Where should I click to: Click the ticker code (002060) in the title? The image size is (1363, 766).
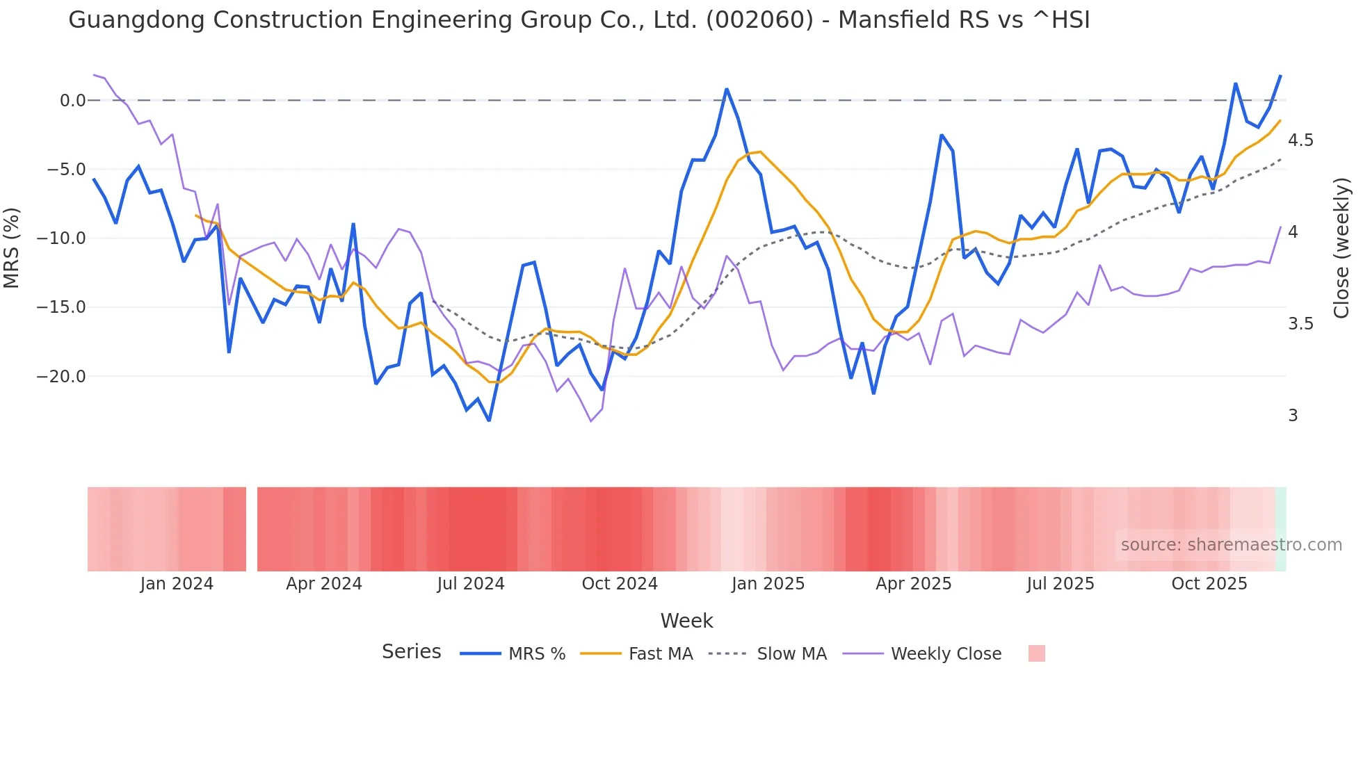click(759, 20)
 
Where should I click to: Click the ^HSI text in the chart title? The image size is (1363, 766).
click(1061, 20)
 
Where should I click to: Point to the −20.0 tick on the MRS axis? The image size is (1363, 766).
click(61, 377)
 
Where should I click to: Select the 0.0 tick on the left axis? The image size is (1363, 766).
click(72, 101)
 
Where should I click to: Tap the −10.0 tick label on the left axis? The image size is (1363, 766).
click(61, 238)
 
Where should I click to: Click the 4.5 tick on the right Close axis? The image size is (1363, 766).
click(1300, 140)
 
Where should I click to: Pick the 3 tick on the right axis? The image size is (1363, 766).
click(1293, 416)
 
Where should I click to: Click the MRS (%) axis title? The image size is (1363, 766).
click(12, 247)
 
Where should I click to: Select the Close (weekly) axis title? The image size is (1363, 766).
click(1341, 247)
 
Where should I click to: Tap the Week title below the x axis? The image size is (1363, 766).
click(686, 621)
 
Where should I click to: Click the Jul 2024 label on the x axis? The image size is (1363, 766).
click(471, 584)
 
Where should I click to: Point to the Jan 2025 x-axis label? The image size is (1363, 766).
click(768, 584)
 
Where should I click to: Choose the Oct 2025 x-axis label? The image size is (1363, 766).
click(1209, 584)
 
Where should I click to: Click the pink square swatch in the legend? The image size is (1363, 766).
click(1036, 653)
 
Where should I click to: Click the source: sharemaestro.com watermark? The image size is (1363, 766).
click(1231, 545)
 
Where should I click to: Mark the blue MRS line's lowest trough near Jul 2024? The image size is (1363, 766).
click(489, 421)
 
